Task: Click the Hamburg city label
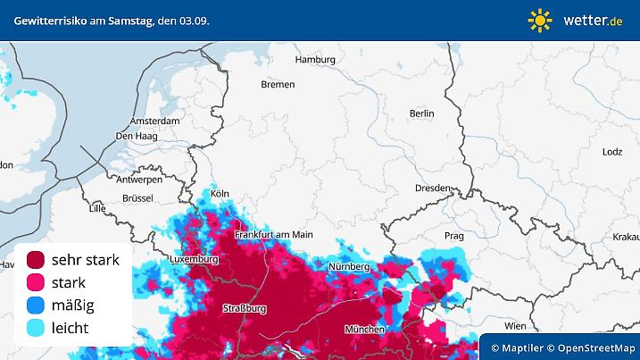(314, 60)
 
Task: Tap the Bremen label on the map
(277, 85)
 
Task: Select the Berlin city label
(421, 113)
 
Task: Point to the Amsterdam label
(155, 121)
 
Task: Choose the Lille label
(97, 208)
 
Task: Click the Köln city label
(220, 193)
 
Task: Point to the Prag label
(454, 236)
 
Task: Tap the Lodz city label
(612, 152)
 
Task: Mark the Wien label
(515, 326)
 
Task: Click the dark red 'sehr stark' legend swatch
(36, 261)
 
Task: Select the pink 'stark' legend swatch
(36, 283)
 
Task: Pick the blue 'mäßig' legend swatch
(36, 306)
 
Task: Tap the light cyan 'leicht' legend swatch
(36, 328)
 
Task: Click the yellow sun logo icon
(540, 20)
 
